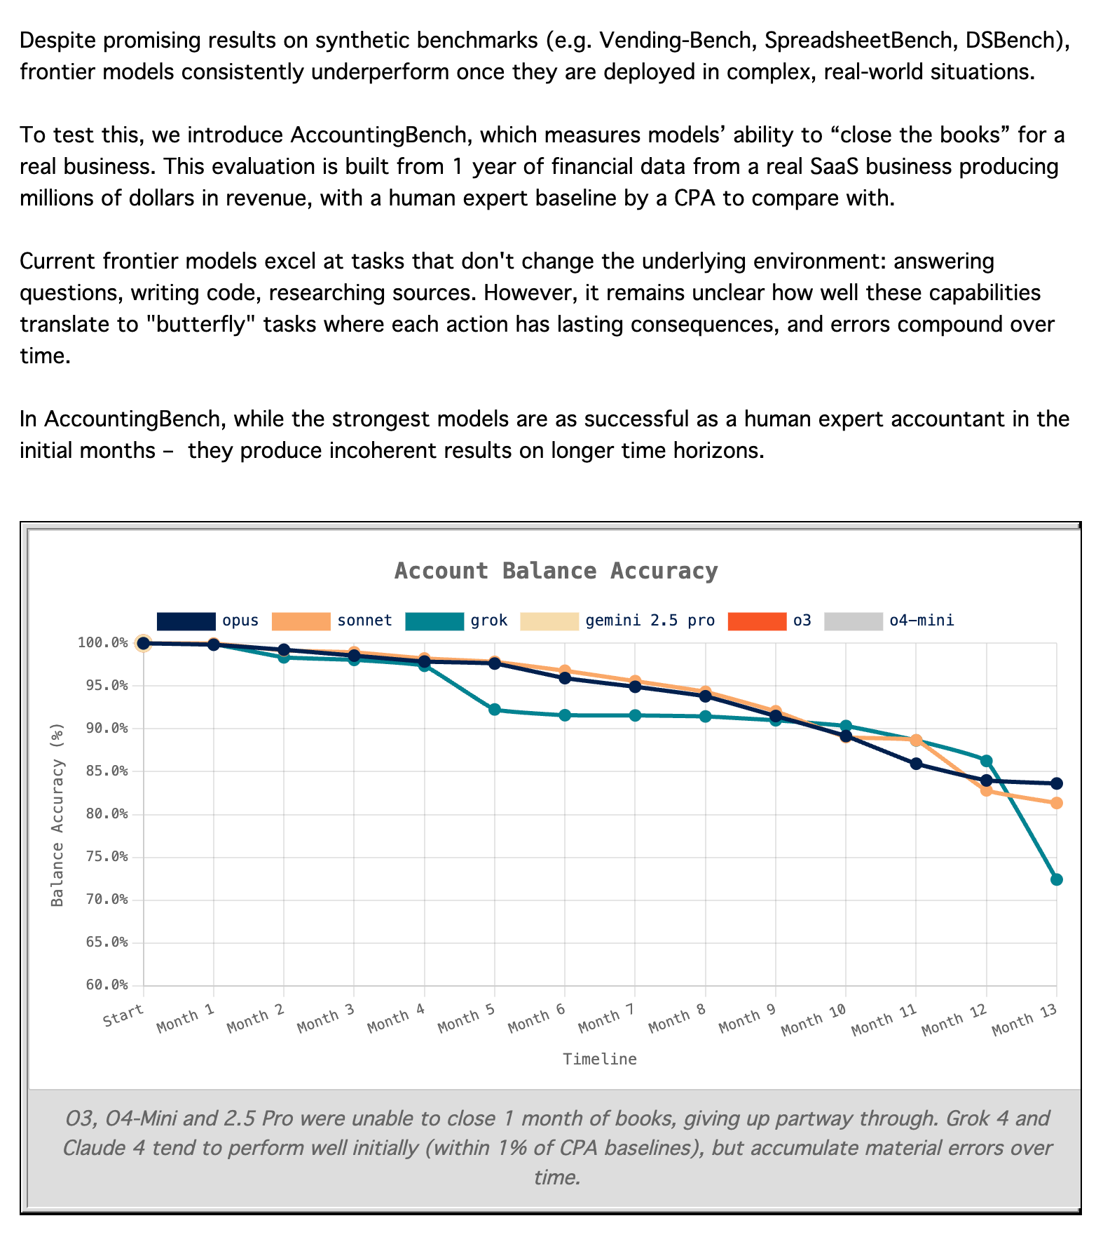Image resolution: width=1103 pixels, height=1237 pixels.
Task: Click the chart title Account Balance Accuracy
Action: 556,571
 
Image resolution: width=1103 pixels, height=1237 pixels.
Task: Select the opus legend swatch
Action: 186,621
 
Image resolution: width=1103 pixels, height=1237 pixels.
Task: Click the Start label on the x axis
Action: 123,1015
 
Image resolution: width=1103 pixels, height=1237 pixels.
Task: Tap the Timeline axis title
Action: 600,1060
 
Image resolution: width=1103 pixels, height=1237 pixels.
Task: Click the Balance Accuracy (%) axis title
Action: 57,814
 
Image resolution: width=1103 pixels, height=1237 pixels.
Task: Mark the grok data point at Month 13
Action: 1057,879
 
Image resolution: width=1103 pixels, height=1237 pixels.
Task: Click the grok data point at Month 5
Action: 495,710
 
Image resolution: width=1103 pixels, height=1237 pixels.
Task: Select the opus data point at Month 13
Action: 1057,783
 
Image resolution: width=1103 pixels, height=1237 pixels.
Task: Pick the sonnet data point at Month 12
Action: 987,790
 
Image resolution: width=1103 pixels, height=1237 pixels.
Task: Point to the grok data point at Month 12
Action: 987,761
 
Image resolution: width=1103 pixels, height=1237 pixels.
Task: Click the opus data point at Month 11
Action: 916,764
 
